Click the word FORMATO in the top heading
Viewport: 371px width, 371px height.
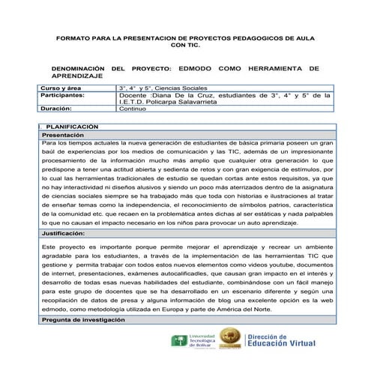point(71,37)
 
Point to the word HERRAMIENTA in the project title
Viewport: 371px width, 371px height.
point(276,68)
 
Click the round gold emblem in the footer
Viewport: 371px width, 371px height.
point(230,343)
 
